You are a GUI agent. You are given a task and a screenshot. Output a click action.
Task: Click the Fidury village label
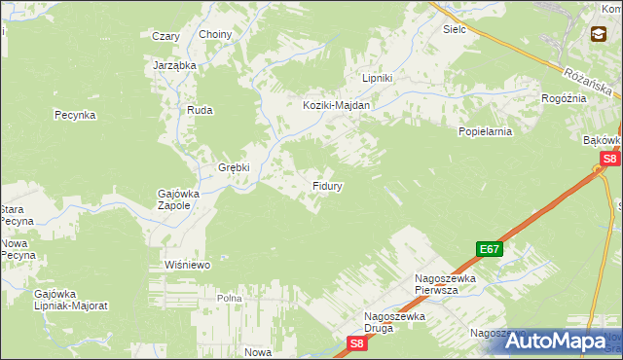point(326,184)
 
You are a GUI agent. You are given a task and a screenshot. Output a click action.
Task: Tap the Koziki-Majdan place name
point(337,105)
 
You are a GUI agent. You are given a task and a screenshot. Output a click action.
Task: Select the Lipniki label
point(377,78)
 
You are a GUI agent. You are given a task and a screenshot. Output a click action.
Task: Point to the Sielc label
point(455,29)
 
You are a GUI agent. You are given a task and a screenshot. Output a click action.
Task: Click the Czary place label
point(165,36)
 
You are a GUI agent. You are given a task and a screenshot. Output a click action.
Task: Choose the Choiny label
point(215,35)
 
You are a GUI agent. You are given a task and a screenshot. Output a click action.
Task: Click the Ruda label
point(200,110)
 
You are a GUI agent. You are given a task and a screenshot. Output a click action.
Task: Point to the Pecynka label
point(74,114)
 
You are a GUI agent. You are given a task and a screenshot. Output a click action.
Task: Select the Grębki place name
point(234,166)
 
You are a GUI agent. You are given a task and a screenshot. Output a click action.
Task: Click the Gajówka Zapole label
point(179,199)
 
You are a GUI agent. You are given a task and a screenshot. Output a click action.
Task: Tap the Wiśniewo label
point(188,264)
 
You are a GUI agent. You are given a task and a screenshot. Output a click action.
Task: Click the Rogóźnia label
point(564,98)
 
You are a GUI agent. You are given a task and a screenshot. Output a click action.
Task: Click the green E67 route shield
point(490,249)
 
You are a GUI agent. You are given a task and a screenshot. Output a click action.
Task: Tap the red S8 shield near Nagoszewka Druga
point(357,342)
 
